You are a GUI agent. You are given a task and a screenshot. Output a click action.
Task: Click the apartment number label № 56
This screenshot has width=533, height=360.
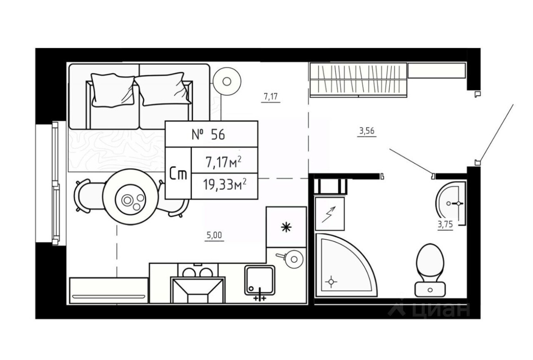tap(208, 135)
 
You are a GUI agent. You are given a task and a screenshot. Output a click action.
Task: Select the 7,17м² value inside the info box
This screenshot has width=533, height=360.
tap(223, 162)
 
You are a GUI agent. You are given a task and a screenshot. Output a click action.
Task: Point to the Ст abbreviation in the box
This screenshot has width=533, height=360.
tap(178, 174)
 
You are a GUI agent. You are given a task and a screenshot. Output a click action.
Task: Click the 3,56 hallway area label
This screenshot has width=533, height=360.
tap(367, 132)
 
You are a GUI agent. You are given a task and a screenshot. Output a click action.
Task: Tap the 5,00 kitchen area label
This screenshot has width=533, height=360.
tap(215, 235)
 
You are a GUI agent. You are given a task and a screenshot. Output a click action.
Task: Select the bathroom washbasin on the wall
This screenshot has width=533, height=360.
tap(452, 203)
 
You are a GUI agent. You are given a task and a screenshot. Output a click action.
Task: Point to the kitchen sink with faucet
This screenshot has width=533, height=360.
tap(260, 280)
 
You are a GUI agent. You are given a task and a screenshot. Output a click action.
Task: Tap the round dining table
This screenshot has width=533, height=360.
tap(131, 197)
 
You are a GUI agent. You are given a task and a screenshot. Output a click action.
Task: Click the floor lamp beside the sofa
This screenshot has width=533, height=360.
tap(227, 81)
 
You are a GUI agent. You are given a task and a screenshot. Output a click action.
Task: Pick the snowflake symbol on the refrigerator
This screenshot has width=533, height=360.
tap(286, 227)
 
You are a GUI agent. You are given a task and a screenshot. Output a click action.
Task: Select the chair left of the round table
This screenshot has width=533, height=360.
tap(86, 196)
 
